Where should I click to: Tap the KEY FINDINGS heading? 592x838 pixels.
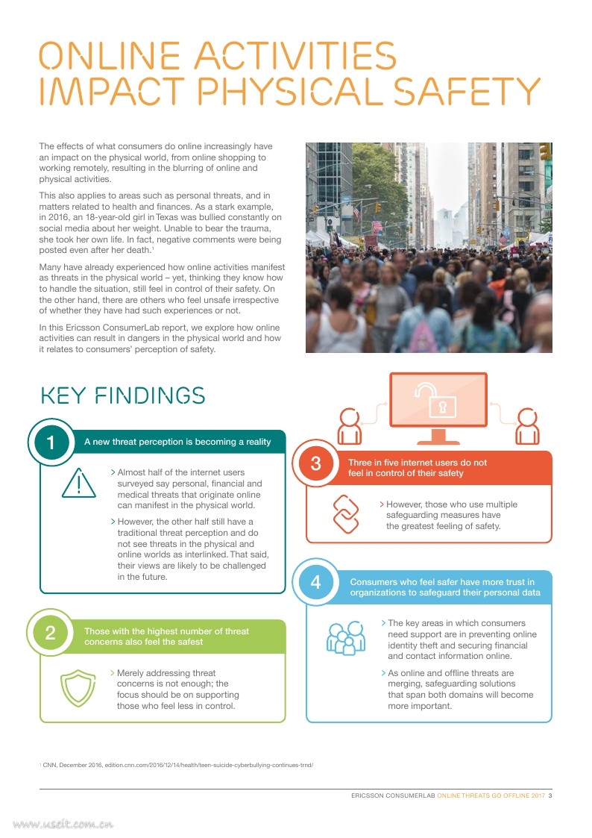pos(122,395)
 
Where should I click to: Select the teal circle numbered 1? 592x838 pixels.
pos(51,443)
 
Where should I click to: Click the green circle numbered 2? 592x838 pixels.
pos(51,634)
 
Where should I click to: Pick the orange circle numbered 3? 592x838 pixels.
pos(316,464)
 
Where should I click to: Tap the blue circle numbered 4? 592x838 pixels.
pos(316,583)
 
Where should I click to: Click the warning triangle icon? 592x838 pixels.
pos(78,484)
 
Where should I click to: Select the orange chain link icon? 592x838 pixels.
pos(351,515)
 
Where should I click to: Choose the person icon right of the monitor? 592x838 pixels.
pos(528,426)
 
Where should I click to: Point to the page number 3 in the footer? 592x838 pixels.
pos(550,796)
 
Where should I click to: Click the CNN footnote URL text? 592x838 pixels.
pos(209,765)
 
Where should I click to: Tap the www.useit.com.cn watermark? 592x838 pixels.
pos(63,825)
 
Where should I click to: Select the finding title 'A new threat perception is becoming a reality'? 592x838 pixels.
pos(177,442)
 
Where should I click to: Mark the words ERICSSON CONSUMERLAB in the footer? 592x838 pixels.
pos(393,796)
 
